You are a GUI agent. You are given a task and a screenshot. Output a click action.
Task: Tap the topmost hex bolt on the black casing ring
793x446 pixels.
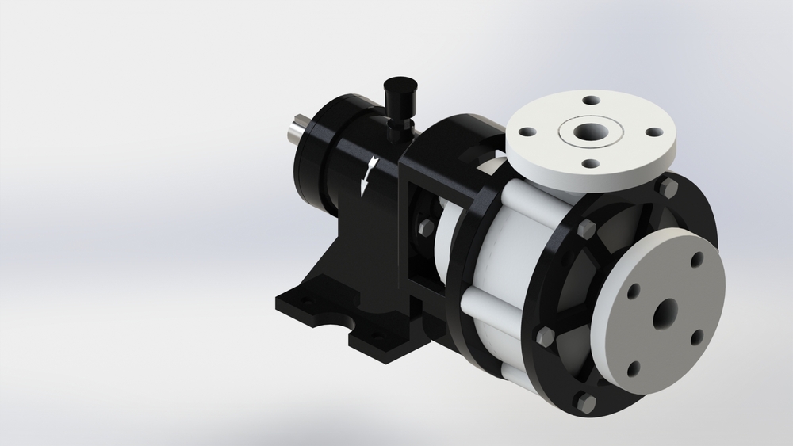pos(668,187)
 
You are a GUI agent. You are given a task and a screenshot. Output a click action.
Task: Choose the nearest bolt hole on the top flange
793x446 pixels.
pos(591,163)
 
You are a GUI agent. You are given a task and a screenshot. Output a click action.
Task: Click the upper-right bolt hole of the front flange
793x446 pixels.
pos(696,260)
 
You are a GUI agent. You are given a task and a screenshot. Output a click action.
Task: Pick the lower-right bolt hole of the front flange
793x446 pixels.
pos(697,336)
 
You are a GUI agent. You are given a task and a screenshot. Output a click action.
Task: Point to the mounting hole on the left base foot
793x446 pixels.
pos(300,302)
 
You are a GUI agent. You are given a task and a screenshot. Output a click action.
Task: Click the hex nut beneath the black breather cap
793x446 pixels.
pos(397,125)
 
